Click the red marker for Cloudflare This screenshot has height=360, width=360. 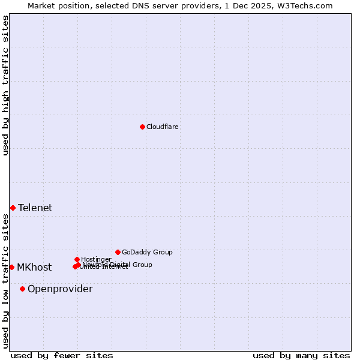point(142,127)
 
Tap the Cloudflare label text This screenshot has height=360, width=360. point(163,127)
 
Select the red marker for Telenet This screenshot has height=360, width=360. point(13,208)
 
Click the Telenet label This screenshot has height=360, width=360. point(35,208)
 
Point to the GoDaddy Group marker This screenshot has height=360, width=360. point(118,252)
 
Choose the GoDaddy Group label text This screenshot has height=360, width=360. point(147,252)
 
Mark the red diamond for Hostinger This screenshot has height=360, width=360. point(77,259)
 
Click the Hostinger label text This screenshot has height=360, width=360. point(96,259)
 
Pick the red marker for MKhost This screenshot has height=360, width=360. point(11,267)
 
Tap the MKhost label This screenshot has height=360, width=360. point(34,267)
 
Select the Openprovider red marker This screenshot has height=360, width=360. point(22,289)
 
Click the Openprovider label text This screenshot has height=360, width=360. point(60,289)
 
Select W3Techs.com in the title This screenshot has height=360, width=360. point(307,5)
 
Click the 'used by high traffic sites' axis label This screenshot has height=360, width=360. point(5,85)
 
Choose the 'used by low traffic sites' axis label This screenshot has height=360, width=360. point(5,281)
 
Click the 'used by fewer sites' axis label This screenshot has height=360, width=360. point(62,355)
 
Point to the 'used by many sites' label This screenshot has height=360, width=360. point(301,355)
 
